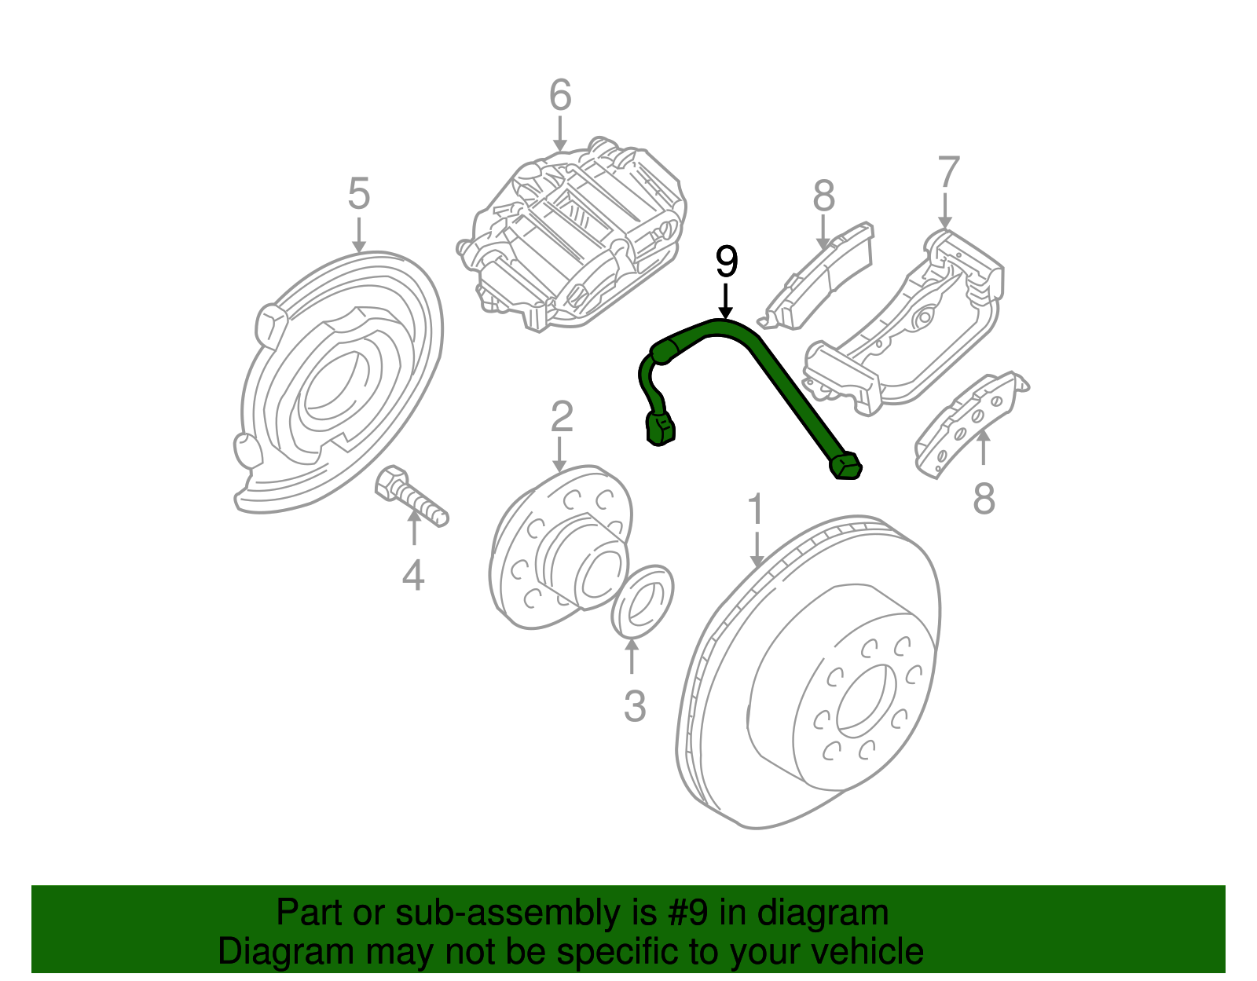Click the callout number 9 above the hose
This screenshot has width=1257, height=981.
pyautogui.click(x=727, y=262)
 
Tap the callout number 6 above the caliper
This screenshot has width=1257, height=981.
pyautogui.click(x=559, y=96)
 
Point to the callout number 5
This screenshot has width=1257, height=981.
pyautogui.click(x=358, y=193)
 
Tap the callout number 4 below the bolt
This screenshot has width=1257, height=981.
pyautogui.click(x=413, y=576)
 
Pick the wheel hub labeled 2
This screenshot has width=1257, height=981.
pyautogui.click(x=550, y=550)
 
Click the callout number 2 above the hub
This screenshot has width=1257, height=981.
pyautogui.click(x=561, y=417)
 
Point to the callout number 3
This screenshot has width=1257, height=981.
pyautogui.click(x=634, y=706)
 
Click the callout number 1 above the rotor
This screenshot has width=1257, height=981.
pyautogui.click(x=755, y=511)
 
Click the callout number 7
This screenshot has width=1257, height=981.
pyautogui.click(x=948, y=173)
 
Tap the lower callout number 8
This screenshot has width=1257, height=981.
pyautogui.click(x=984, y=498)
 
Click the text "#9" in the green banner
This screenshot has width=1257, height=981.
pyautogui.click(x=691, y=913)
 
